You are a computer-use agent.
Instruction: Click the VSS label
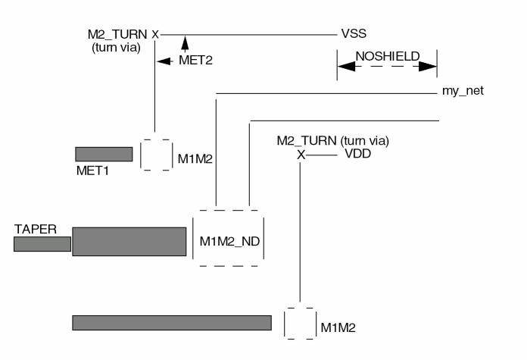tap(354, 33)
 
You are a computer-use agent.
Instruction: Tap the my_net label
tap(463, 91)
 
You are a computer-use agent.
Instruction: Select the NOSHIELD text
tap(386, 55)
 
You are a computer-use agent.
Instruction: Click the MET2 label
tap(195, 61)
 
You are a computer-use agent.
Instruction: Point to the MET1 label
tap(92, 170)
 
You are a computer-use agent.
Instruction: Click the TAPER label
tap(33, 227)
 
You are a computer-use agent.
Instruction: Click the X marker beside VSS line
tap(155, 34)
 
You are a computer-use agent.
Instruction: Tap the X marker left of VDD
tap(301, 155)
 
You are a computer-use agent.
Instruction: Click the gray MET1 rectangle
tap(104, 154)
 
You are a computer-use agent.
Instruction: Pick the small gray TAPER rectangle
tap(42, 243)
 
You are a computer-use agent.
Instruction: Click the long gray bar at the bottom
tap(172, 322)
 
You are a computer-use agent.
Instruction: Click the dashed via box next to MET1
tap(157, 155)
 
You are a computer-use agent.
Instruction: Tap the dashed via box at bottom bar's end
tap(300, 323)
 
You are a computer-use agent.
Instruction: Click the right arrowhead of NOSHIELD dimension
tap(429, 67)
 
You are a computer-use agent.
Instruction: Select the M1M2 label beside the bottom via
tap(338, 327)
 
